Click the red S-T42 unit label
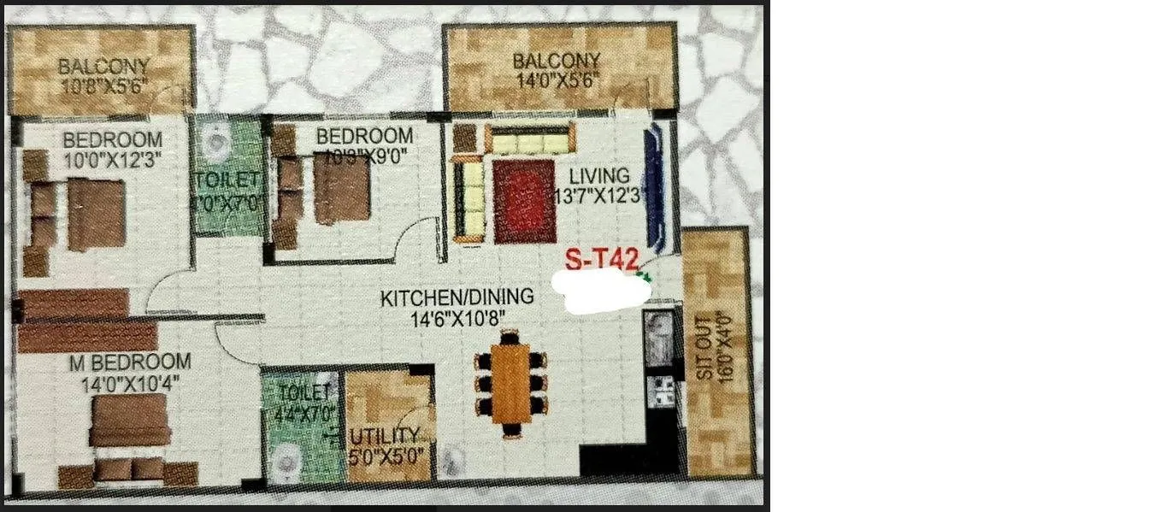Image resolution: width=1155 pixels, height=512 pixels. coord(602,258)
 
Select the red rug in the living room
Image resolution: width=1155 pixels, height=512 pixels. coord(524,201)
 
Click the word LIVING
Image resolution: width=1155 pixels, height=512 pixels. coord(604,177)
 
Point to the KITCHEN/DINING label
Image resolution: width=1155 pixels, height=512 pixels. coord(457,297)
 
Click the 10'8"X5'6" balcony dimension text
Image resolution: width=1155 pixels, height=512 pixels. coord(104,85)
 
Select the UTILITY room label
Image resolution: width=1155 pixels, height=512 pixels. coord(386,436)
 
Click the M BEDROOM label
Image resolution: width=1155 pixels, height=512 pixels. coord(130,362)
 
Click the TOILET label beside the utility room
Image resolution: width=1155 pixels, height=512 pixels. coord(303,393)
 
